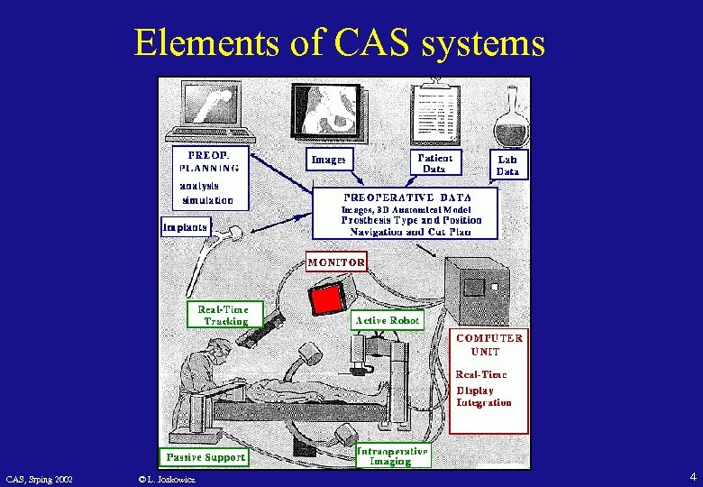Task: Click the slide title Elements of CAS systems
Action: coord(339,41)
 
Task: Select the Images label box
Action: coord(328,160)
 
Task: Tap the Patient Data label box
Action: coord(434,162)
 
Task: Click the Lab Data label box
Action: coord(507,165)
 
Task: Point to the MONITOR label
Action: coord(336,262)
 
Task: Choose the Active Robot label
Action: coord(388,320)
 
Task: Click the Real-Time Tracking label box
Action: coord(225,315)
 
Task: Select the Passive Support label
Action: coord(205,457)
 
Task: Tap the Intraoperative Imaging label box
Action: coord(392,455)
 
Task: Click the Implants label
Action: coord(187,226)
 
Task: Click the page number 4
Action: coord(692,476)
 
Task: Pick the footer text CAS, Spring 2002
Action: coord(40,478)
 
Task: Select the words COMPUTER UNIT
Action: coord(489,345)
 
